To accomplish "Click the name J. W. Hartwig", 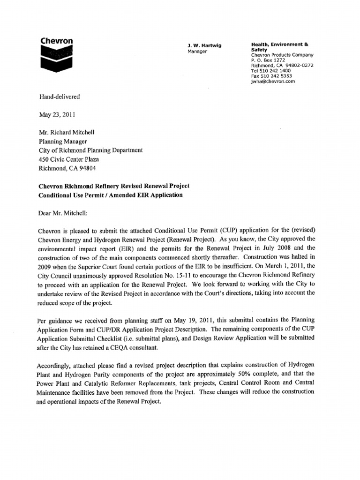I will [x=204, y=45].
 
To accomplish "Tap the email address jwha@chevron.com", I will [x=273, y=81].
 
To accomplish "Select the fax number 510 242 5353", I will [x=272, y=75].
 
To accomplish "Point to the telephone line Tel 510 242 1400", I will [x=271, y=70].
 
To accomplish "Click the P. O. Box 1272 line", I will [x=268, y=60].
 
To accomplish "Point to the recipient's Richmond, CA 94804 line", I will [x=68, y=168].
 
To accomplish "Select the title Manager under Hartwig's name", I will [x=197, y=51].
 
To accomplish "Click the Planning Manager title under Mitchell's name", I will [x=62, y=142].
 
